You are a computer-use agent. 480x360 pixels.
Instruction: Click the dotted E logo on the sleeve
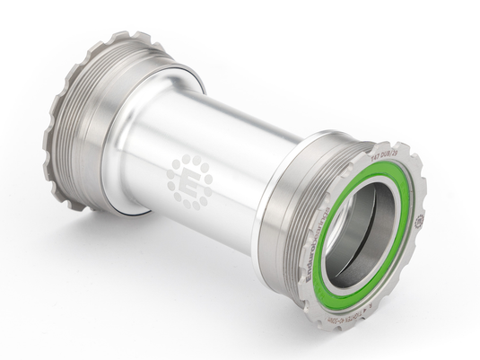tap(190, 180)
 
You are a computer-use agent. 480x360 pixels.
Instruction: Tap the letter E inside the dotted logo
tap(190, 180)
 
